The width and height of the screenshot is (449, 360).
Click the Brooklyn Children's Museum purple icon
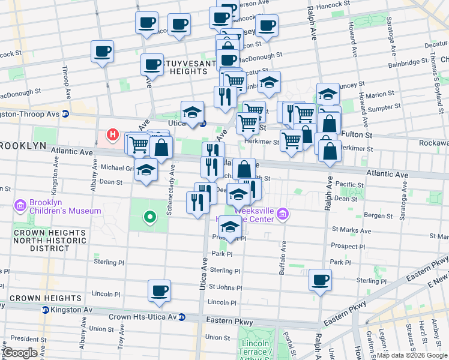pos(22,206)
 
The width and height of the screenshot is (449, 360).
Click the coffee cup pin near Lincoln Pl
pos(160,290)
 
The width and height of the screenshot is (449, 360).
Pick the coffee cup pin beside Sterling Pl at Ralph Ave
pos(320,279)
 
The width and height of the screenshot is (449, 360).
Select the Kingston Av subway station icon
pos(45,310)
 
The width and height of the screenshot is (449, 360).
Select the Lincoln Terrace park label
pos(253,347)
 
